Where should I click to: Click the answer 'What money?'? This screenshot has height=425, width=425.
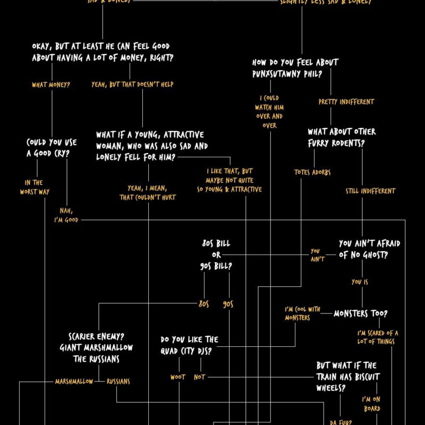(51, 84)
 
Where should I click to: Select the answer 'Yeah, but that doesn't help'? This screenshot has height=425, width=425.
(132, 84)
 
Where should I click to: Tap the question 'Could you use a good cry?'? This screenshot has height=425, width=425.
(51, 148)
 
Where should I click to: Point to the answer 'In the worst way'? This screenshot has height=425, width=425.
(35, 187)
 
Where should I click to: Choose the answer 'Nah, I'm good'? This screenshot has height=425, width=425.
(66, 215)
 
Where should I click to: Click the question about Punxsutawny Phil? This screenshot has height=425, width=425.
(295, 68)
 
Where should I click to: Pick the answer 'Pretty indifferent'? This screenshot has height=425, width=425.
(346, 101)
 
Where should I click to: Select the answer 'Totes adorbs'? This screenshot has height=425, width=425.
(312, 172)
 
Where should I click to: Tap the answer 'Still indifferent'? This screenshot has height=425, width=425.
(370, 191)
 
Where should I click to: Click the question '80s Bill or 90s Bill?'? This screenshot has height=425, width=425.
(216, 254)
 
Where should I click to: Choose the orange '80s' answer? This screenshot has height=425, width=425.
(203, 304)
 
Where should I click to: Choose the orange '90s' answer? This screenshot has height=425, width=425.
(228, 304)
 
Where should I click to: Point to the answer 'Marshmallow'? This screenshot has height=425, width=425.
(74, 381)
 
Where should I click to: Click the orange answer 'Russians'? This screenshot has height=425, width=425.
(118, 381)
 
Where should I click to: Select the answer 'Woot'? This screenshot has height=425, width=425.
(177, 377)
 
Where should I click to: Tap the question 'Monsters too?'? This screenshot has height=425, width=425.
(360, 313)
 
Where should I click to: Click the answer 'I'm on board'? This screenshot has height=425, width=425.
(371, 404)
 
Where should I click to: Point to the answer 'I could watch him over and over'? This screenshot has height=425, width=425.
(269, 112)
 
